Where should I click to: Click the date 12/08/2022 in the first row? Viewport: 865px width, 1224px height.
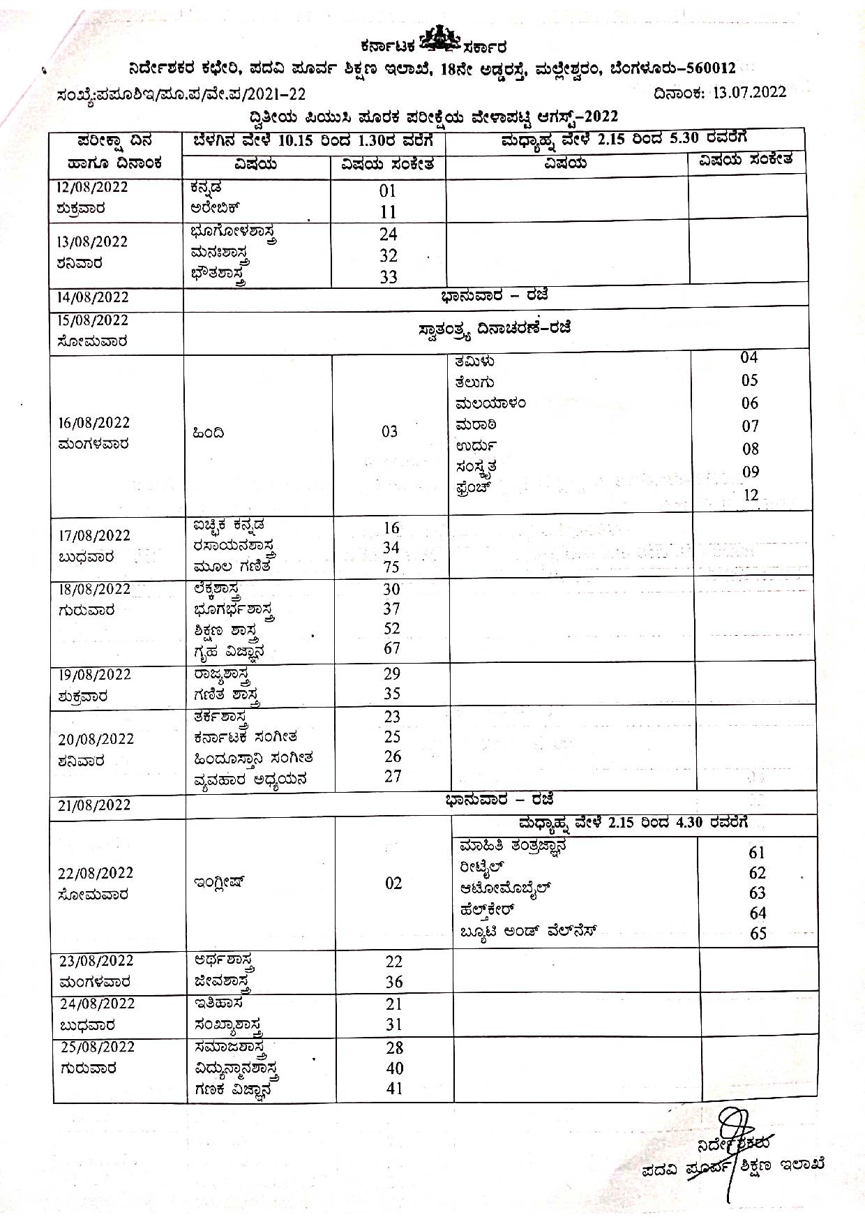(x=93, y=187)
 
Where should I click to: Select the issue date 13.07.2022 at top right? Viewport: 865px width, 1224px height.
(x=749, y=92)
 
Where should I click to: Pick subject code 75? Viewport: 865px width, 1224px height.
(x=391, y=568)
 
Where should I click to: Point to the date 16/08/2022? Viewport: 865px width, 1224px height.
(x=93, y=423)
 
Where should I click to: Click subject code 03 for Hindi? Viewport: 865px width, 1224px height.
(x=389, y=432)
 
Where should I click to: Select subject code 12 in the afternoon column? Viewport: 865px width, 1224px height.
(x=751, y=495)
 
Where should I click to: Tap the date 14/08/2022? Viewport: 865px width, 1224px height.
(x=93, y=297)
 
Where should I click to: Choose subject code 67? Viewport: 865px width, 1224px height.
(x=392, y=648)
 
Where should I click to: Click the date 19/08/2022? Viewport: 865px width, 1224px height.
(x=94, y=675)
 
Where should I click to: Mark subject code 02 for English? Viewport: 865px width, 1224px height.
(x=393, y=883)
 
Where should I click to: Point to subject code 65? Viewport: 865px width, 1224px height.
(x=758, y=934)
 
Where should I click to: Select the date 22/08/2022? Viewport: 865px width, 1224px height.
(x=95, y=874)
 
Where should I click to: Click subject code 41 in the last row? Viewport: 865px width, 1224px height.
(x=395, y=1089)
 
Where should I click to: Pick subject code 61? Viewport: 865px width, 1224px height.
(x=757, y=853)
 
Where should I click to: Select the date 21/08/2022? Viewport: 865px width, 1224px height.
(x=94, y=805)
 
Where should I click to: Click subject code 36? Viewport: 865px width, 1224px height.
(x=394, y=983)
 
